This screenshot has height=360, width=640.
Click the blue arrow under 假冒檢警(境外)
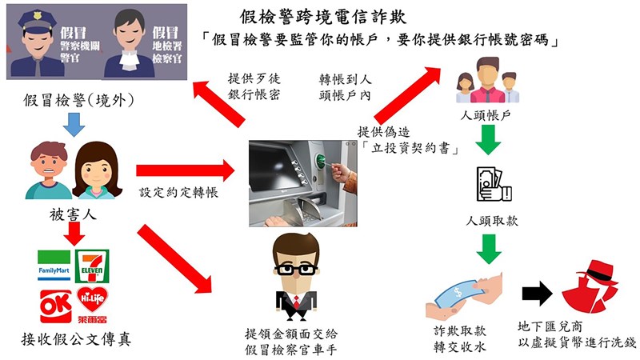click(74, 123)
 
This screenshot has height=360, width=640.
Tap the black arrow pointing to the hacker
click(537, 294)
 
